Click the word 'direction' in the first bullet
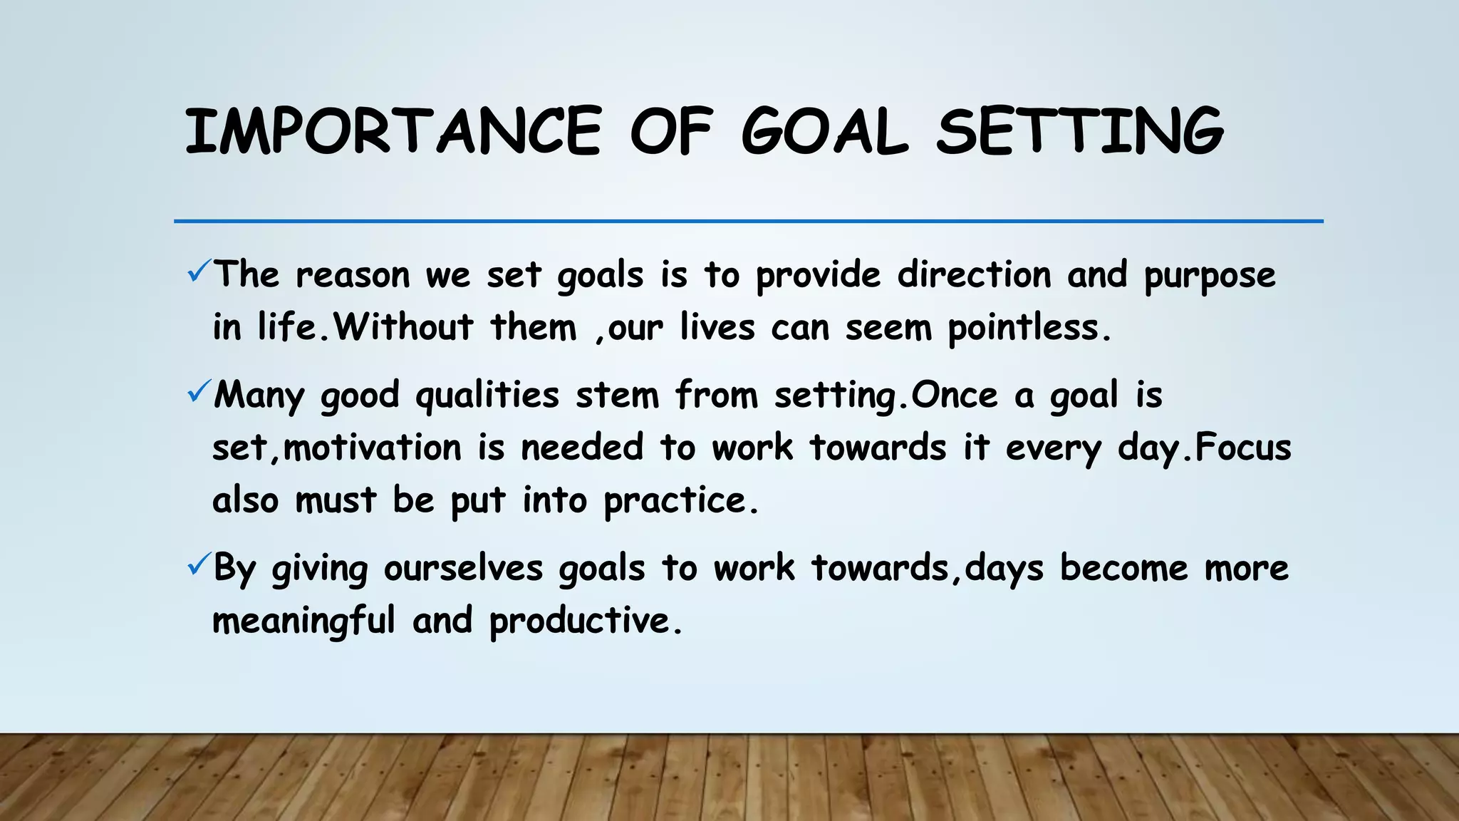974,275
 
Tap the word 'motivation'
373,448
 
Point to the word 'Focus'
1242,448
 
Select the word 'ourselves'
463,569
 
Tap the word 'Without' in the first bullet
403,328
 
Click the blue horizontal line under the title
748,222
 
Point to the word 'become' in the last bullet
1123,569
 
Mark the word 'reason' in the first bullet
353,275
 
